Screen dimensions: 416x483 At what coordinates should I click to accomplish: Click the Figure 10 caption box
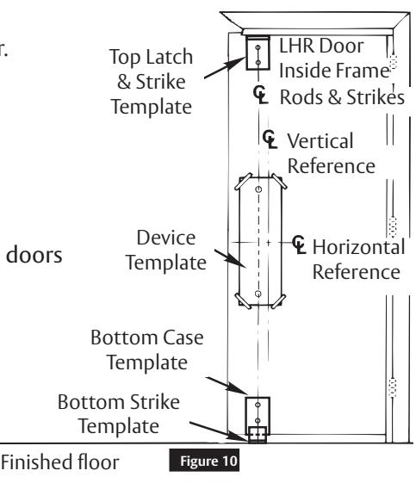point(204,461)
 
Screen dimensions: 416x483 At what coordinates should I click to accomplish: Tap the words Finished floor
point(59,462)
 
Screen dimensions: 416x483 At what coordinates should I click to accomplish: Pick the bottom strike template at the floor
point(258,434)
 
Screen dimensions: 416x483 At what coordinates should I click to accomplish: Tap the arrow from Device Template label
point(230,258)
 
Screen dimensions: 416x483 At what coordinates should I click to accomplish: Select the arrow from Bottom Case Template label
point(227,386)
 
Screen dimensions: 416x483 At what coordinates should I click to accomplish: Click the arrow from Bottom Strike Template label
point(220,431)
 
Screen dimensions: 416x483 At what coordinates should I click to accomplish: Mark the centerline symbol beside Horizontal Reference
point(299,245)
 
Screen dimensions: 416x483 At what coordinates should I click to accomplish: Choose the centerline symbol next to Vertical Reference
point(270,139)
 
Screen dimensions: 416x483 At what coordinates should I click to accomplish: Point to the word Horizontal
point(358,247)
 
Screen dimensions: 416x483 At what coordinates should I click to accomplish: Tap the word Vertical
point(320,141)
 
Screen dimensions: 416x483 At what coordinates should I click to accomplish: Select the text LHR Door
point(321,46)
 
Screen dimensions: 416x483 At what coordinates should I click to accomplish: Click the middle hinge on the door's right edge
point(392,226)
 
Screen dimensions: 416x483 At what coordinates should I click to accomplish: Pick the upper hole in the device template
point(258,189)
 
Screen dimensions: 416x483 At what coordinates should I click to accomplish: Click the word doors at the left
point(34,255)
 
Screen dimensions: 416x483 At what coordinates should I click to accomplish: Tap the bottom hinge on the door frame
point(392,387)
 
